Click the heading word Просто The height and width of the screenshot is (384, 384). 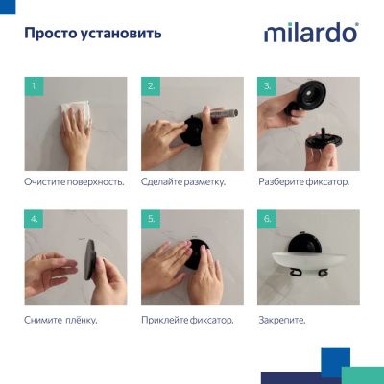point(49,34)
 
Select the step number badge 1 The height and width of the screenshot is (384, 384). point(35,86)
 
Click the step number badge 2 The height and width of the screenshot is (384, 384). point(151,86)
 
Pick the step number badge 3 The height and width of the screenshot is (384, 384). point(268,86)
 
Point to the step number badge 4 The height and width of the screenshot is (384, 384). point(35,220)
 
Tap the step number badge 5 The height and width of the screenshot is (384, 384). point(151,220)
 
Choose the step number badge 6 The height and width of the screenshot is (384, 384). point(268,220)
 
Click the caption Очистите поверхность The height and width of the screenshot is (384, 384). point(75,181)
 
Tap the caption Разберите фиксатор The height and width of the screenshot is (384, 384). point(303,181)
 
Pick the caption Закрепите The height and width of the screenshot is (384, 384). point(281,319)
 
